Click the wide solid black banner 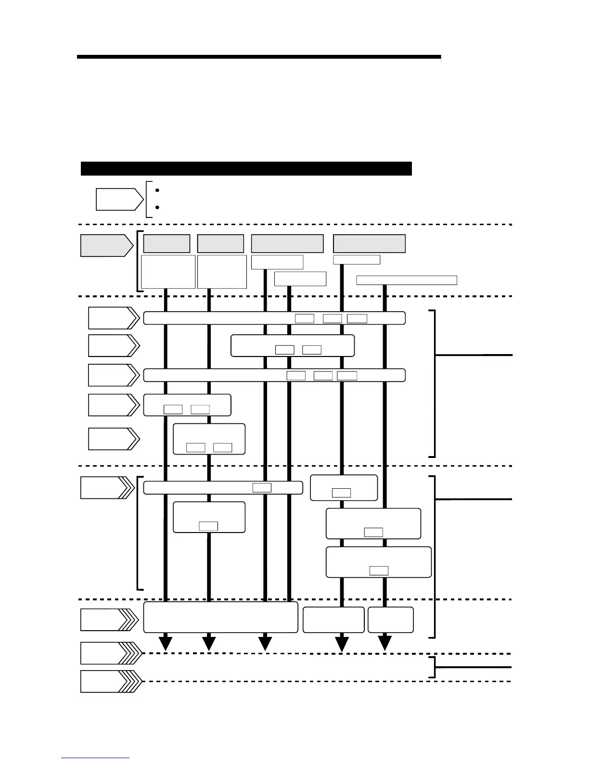point(246,169)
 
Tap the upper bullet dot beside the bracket point(158,190)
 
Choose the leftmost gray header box point(166,244)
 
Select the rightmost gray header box point(369,244)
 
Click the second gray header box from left point(220,244)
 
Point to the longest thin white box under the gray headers point(407,280)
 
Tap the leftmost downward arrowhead point(166,643)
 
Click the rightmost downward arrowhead point(384,643)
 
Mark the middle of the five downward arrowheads point(265,643)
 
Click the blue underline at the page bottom point(95,758)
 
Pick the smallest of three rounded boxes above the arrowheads point(390,620)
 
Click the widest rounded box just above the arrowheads point(220,617)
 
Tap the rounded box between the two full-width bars point(293,346)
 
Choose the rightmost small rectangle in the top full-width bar point(357,318)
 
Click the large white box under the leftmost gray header point(168,272)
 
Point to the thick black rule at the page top point(258,57)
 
